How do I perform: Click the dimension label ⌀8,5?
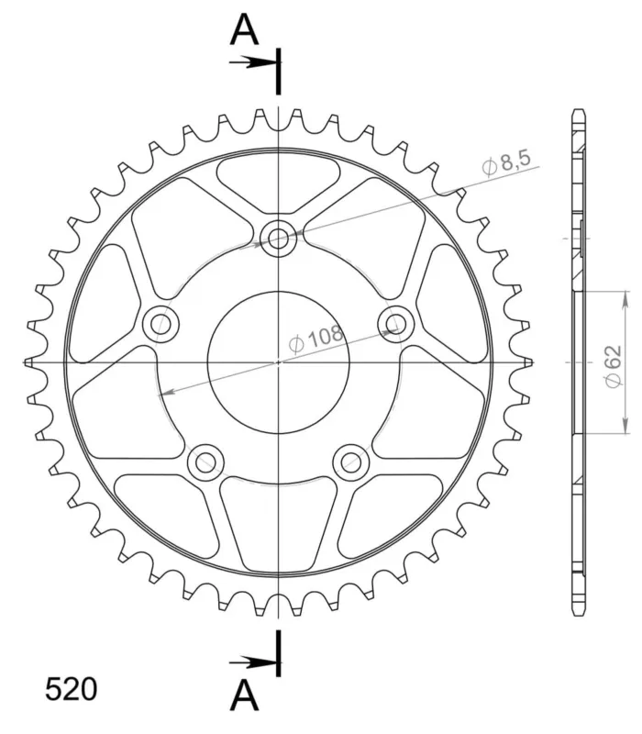(x=506, y=163)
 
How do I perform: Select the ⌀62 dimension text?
(x=613, y=366)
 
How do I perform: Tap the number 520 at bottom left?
(x=72, y=689)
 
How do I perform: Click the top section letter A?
(x=244, y=29)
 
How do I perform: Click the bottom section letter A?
(x=244, y=695)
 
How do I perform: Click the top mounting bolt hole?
(x=279, y=239)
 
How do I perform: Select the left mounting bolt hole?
(x=161, y=324)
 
